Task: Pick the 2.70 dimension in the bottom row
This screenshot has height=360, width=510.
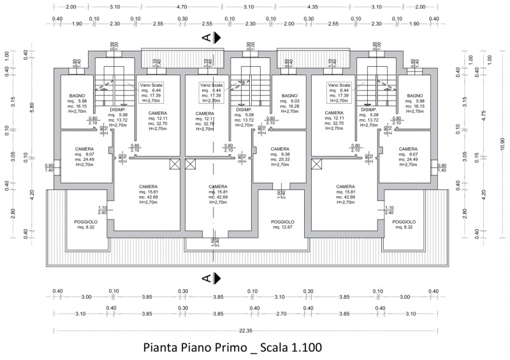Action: [x=281, y=314]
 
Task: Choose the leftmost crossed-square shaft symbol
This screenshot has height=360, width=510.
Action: [x=174, y=164]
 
